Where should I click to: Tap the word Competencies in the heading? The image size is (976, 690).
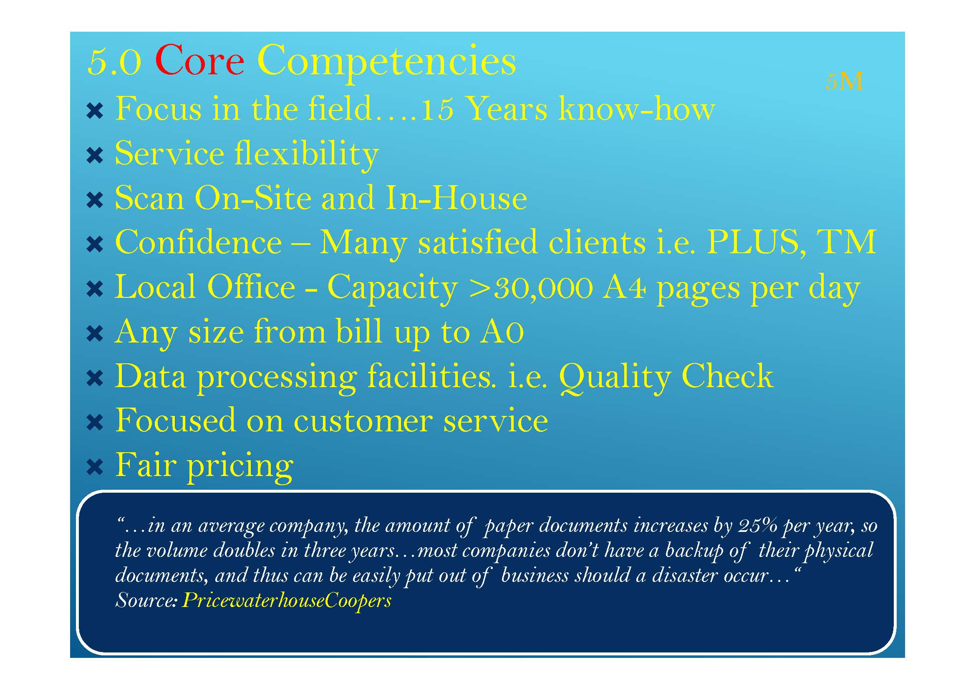coord(386,63)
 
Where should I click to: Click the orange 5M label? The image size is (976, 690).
coord(844,82)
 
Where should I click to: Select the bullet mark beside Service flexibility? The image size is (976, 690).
coord(94,156)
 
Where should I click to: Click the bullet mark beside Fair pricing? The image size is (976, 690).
coord(94,467)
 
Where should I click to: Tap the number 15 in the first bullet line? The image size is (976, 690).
coord(437,109)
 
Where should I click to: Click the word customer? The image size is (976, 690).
coord(363,421)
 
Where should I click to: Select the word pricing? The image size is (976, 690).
coord(240,467)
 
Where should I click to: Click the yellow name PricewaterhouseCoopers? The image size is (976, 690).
coord(287,600)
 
